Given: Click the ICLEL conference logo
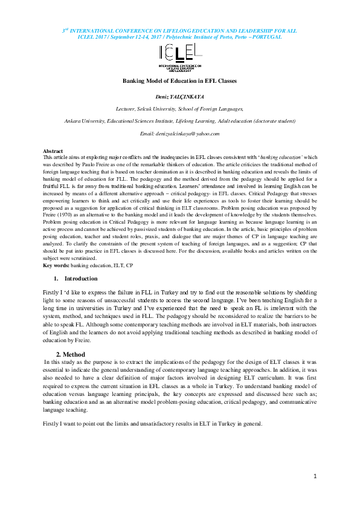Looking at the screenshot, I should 179,57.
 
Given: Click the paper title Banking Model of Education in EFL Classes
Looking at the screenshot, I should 179,80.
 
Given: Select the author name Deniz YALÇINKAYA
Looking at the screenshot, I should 179,97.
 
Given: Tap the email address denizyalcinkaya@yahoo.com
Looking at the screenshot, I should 179,133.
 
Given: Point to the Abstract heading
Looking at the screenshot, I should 53,151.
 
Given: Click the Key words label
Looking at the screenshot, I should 56,265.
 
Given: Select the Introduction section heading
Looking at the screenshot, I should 81,279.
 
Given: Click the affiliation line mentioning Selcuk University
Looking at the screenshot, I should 179,109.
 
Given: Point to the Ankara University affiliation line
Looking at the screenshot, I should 179,121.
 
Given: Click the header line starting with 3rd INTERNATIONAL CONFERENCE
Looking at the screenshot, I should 179,30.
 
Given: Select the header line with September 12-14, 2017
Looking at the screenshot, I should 179,37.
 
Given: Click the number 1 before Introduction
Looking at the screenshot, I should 56,279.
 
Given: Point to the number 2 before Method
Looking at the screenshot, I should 59,354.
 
